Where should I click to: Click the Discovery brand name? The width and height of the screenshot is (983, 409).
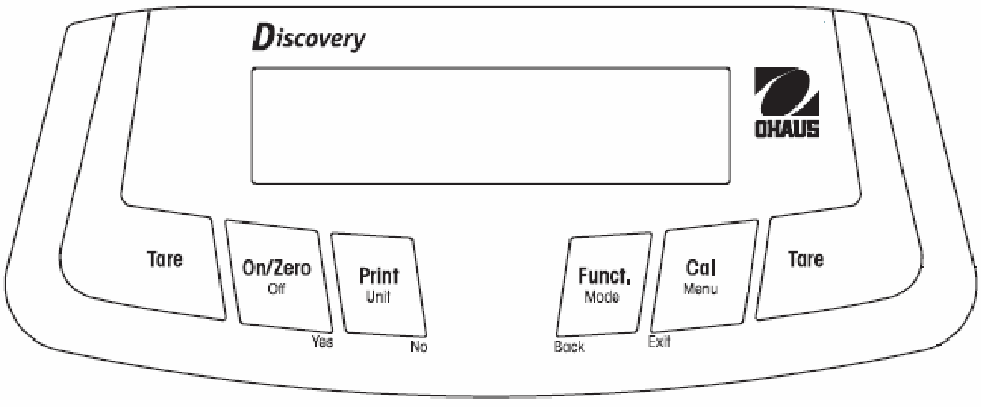pyautogui.click(x=309, y=38)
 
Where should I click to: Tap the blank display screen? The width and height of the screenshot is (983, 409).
pyautogui.click(x=491, y=126)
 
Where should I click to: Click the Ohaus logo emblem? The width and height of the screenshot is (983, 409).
pyautogui.click(x=787, y=91)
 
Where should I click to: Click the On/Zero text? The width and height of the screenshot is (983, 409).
pyautogui.click(x=276, y=268)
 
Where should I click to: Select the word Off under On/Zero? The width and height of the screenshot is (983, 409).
pyautogui.click(x=276, y=289)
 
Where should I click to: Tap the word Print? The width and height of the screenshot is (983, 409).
pyautogui.click(x=379, y=277)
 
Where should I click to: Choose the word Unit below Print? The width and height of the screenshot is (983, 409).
pyautogui.click(x=378, y=297)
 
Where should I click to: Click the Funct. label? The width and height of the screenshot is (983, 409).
pyautogui.click(x=604, y=276)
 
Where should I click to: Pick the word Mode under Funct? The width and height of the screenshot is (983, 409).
pyautogui.click(x=602, y=297)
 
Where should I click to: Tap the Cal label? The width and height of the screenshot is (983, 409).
pyautogui.click(x=700, y=268)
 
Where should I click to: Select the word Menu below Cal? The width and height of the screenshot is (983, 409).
pyautogui.click(x=700, y=289)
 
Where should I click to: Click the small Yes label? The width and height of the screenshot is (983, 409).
pyautogui.click(x=323, y=342)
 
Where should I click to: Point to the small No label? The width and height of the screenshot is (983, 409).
pyautogui.click(x=419, y=346)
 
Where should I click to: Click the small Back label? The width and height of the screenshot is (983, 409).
pyautogui.click(x=569, y=346)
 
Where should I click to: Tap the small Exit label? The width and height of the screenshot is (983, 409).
pyautogui.click(x=659, y=342)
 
